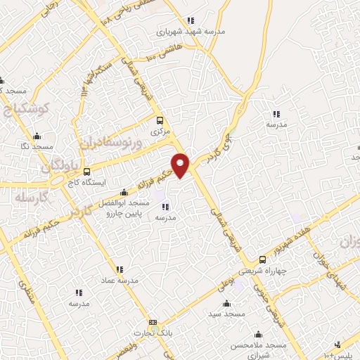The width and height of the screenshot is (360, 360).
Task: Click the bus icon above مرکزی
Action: coord(160,120)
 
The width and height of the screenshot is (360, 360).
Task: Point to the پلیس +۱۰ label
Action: coord(345,355)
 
